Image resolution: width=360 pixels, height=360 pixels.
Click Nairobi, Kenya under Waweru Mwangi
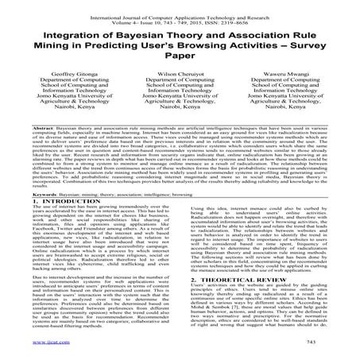tap(290, 137)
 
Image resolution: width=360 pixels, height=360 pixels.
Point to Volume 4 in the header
tap(114, 14)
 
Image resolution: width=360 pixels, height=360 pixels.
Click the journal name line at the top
tap(180, 7)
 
